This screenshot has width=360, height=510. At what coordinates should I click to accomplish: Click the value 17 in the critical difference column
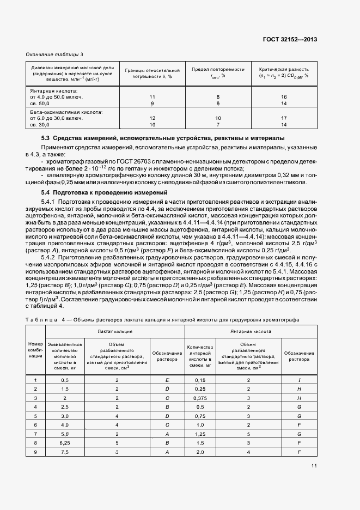pos(284,118)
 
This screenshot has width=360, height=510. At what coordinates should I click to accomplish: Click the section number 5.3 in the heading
pos(46,139)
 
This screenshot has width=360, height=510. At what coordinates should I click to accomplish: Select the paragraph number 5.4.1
pos(51,202)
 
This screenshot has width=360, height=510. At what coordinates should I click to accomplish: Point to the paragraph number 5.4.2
pos(51,256)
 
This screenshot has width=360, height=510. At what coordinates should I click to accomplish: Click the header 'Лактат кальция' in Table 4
pos(114,331)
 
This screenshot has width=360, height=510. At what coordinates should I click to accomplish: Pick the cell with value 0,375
pos(200,399)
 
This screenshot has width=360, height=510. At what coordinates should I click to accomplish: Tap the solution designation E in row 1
pos(167,379)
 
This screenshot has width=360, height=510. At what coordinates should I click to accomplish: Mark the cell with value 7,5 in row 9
pos(65,452)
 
